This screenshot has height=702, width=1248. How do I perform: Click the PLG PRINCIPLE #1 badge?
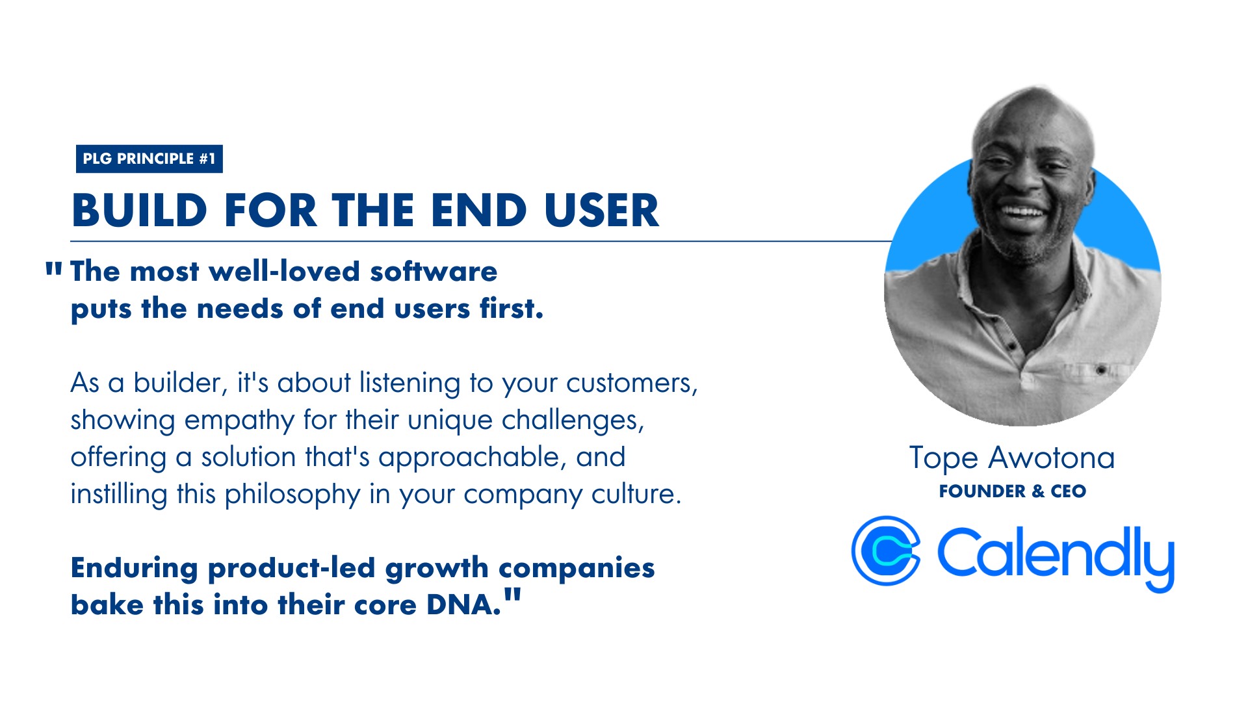point(149,159)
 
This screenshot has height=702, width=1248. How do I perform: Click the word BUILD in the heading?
point(140,211)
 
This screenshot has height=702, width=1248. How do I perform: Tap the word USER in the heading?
point(602,211)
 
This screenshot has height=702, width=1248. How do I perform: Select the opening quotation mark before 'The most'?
point(54,270)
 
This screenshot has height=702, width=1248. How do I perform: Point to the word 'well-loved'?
point(285,271)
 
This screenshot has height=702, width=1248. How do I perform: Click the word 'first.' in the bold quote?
point(512,308)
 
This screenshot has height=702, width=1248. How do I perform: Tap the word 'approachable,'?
point(469,458)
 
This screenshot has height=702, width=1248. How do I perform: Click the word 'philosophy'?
point(292,495)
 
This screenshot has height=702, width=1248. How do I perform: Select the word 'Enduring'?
point(134,568)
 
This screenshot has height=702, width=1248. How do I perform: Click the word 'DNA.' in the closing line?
point(464,605)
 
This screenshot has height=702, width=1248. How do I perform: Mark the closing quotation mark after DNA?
point(512,595)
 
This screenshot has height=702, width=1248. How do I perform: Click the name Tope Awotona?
point(1012,458)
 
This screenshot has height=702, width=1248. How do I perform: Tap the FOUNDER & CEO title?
point(1012,491)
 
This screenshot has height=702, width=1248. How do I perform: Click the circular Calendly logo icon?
point(886,551)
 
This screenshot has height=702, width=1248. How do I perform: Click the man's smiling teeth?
point(1022,211)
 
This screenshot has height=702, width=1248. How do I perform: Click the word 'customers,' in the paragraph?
point(632,383)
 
